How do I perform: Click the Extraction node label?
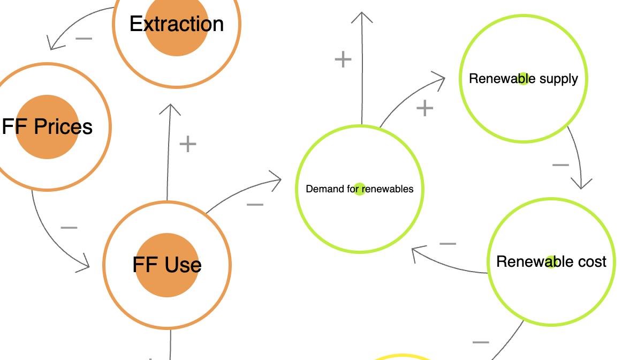click(x=177, y=24)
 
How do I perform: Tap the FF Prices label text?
click(x=47, y=127)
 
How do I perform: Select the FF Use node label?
click(x=167, y=265)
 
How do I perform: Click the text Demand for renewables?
click(x=360, y=189)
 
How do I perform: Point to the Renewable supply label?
click(x=524, y=79)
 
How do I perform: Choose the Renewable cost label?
click(x=551, y=261)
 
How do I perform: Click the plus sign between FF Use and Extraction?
click(x=188, y=144)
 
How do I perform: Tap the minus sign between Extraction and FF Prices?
click(x=84, y=39)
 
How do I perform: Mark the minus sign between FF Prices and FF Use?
click(x=69, y=228)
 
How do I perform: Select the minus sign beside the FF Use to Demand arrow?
click(x=255, y=204)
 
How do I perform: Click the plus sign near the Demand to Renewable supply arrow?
click(x=424, y=108)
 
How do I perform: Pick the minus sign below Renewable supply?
click(x=560, y=165)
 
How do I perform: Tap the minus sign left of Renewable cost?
click(x=447, y=244)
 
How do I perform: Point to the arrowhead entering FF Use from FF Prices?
click(x=85, y=264)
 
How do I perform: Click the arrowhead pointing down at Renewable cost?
click(x=581, y=184)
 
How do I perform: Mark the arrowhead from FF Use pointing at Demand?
click(x=276, y=179)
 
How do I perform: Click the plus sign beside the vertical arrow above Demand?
click(x=343, y=59)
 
